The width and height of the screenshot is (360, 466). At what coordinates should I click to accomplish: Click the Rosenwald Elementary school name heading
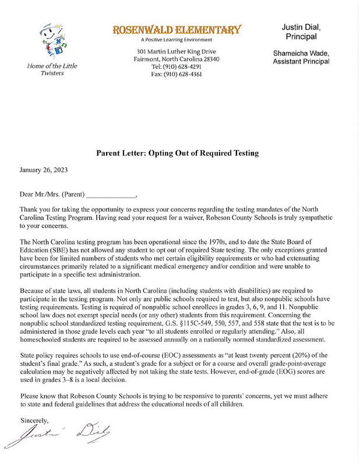[x=177, y=29]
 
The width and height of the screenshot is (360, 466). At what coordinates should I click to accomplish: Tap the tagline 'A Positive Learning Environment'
[x=177, y=40]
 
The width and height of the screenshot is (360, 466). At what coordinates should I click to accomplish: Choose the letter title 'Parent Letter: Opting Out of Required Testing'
[x=177, y=153]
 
